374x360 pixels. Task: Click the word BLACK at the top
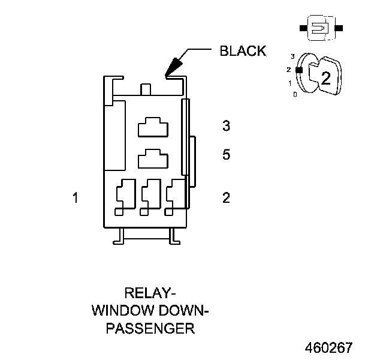243,51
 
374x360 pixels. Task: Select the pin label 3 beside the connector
226,126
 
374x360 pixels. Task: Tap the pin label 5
226,155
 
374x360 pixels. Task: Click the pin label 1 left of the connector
75,197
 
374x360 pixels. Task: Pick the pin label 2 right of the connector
226,197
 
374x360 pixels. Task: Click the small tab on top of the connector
145,90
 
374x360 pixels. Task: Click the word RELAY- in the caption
149,294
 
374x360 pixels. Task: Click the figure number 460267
328,348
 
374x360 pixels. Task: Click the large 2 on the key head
325,77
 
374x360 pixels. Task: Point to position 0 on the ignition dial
294,94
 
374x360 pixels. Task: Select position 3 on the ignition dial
292,56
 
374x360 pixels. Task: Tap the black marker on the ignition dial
298,69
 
